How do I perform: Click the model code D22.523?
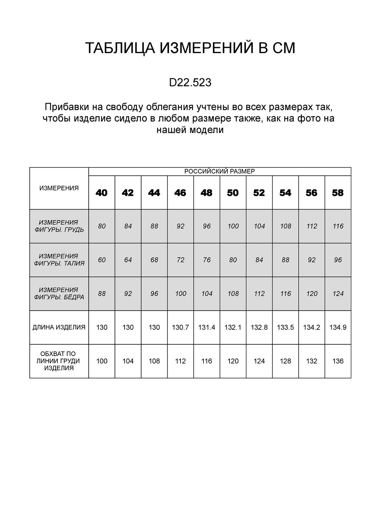(x=190, y=83)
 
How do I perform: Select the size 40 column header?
(x=102, y=193)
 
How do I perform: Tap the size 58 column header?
(x=338, y=193)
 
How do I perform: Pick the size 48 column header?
(x=207, y=193)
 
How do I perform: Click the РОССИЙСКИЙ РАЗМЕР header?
(x=220, y=171)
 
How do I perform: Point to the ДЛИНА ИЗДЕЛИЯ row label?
(x=59, y=327)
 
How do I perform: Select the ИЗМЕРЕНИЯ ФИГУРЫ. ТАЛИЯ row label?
(x=59, y=260)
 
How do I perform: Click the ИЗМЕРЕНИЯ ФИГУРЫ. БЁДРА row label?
(x=59, y=294)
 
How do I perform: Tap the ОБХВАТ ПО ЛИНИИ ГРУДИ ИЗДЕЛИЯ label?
(x=59, y=361)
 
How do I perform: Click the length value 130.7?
(x=181, y=327)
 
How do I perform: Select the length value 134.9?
(x=338, y=327)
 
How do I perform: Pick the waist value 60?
(x=102, y=260)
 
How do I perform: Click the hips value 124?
(x=338, y=294)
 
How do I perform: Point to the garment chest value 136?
(x=338, y=361)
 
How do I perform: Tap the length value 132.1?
(x=233, y=327)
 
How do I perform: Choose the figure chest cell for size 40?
(x=102, y=226)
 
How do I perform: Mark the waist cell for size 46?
(x=181, y=260)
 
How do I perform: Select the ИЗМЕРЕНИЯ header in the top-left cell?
(x=59, y=188)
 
